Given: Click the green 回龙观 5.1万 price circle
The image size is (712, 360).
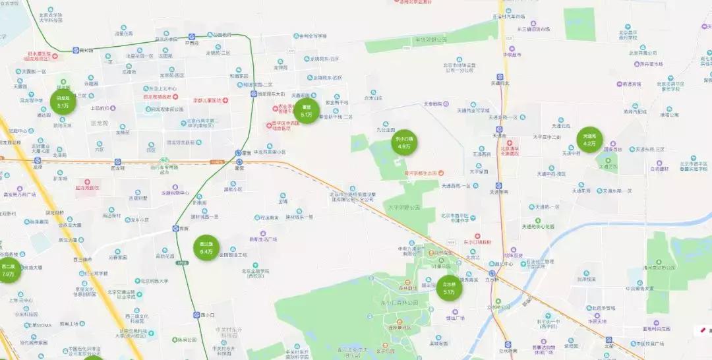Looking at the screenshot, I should [63, 102].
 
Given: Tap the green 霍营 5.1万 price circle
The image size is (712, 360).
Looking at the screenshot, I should [307, 111].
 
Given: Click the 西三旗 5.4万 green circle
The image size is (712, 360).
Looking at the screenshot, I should [206, 248].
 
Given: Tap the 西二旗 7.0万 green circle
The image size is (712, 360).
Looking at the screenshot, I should [8, 270].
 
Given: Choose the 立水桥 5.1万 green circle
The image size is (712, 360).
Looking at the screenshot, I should [449, 288].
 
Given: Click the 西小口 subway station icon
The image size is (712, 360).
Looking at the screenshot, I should [196, 315].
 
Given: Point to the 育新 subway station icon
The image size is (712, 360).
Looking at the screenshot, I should [176, 228].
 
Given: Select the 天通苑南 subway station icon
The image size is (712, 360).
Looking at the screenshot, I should [499, 185].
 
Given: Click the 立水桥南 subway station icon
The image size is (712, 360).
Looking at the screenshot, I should [507, 344].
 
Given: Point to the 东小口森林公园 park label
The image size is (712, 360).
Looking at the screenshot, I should [400, 302].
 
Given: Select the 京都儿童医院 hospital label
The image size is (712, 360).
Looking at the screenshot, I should [201, 101].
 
